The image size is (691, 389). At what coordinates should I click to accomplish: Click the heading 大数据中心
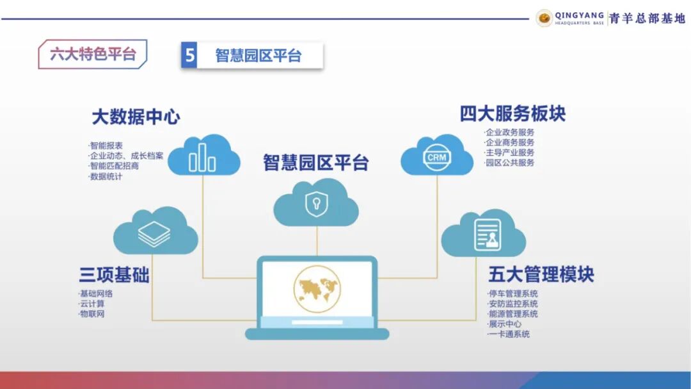tap(136, 117)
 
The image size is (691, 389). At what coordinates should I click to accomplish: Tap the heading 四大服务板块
tap(512, 114)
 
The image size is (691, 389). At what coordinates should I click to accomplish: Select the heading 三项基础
tap(114, 276)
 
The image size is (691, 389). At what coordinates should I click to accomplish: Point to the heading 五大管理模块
tap(541, 274)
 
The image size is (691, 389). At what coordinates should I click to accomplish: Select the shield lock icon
tap(316, 204)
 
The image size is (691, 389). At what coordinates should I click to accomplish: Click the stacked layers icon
tap(154, 233)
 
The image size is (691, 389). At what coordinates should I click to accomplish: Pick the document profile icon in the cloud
tap(488, 235)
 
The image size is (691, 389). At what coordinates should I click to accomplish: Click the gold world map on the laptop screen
tap(317, 286)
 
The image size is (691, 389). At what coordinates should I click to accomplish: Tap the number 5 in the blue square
tap(189, 56)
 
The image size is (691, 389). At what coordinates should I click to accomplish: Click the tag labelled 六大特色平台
tap(93, 54)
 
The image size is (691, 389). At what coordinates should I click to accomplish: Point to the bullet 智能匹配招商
tap(115, 166)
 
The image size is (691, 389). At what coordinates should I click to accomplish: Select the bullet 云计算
tap(92, 304)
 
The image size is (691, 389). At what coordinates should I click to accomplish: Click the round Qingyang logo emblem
tap(544, 19)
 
